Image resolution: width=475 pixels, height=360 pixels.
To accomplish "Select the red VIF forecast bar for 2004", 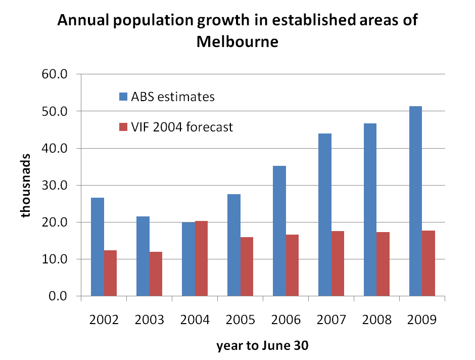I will click(x=201, y=258).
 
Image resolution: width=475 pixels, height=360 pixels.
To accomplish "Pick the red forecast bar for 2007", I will click(x=337, y=263).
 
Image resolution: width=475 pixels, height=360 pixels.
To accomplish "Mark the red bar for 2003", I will click(x=156, y=274).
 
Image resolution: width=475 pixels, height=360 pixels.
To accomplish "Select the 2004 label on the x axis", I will click(x=195, y=320).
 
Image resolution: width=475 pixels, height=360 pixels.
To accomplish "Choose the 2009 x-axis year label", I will click(x=422, y=320).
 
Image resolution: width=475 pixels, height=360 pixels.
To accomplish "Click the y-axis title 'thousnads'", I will click(x=25, y=185).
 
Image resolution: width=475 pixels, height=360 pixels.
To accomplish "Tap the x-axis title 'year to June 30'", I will click(x=262, y=346).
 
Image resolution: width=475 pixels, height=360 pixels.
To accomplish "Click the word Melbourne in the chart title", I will click(x=237, y=41).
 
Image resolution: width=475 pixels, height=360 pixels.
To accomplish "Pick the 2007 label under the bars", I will click(x=331, y=320).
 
